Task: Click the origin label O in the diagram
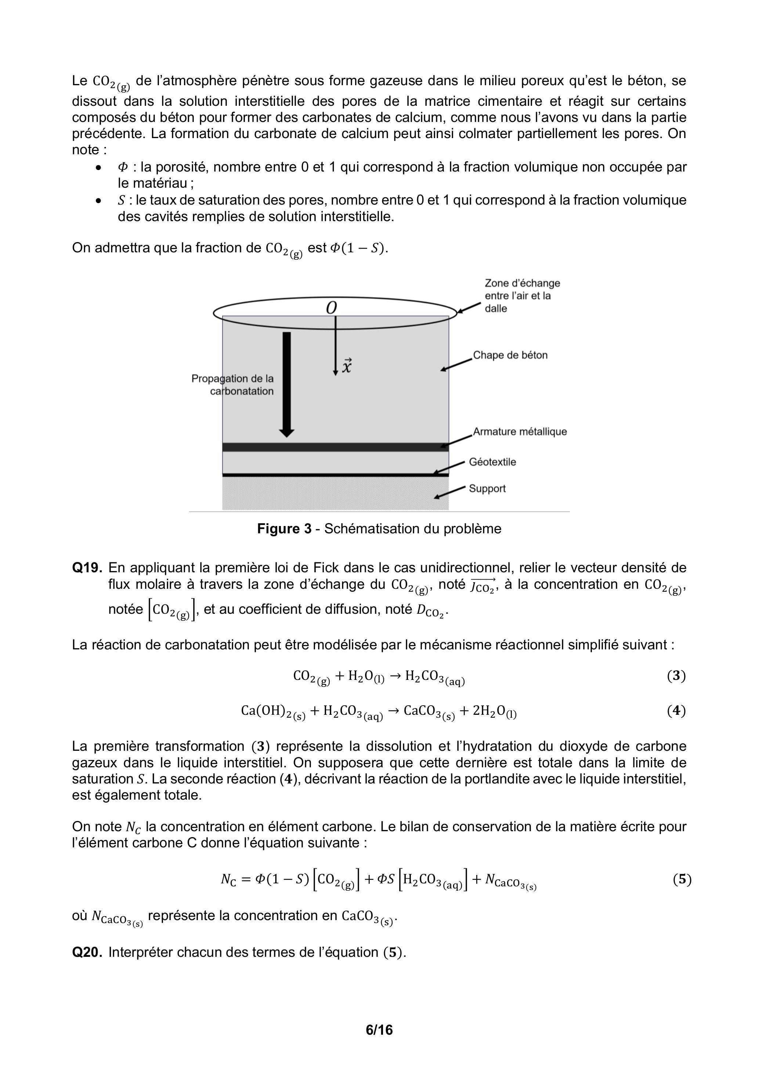[331, 308]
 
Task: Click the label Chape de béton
[510, 355]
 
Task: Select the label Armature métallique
[520, 431]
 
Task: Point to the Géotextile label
[492, 462]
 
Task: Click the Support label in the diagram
[487, 489]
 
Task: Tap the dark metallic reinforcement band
[335, 447]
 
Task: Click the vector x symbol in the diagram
[347, 366]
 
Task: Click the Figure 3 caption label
[284, 529]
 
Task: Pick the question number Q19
[87, 568]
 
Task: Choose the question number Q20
[87, 952]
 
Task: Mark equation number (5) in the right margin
[682, 879]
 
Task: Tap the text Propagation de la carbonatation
[232, 385]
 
